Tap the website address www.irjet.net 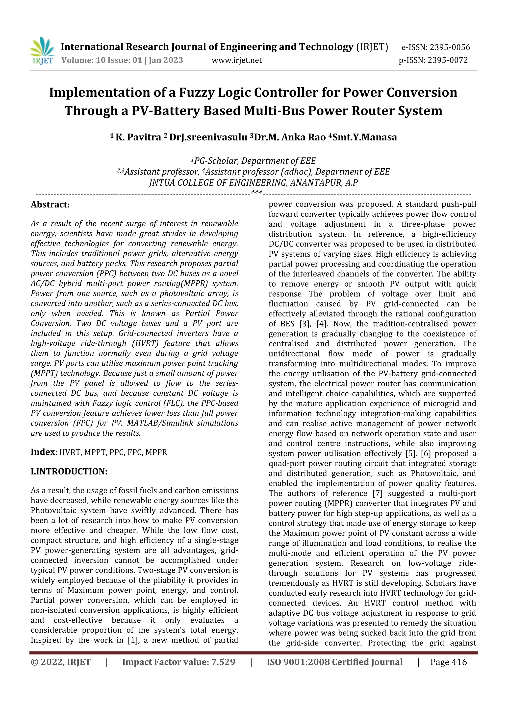[237, 60]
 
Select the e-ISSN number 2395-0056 [450, 47]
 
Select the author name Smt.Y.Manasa [365, 137]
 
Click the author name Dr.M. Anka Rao [290, 137]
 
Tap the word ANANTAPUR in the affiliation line [316, 182]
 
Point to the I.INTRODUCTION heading [69, 471]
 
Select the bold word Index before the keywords [43, 452]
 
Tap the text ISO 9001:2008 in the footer [298, 662]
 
